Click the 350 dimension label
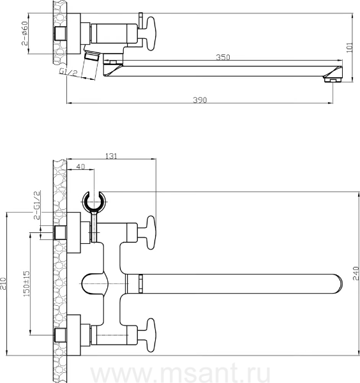coord(223,57)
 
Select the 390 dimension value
coord(200,100)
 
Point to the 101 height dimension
coord(350,47)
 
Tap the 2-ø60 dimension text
coord(25,33)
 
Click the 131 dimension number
coord(111,156)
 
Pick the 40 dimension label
coord(80,167)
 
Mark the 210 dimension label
coord(3,283)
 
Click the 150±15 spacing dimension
coord(26,283)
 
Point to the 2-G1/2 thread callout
coord(36,205)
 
